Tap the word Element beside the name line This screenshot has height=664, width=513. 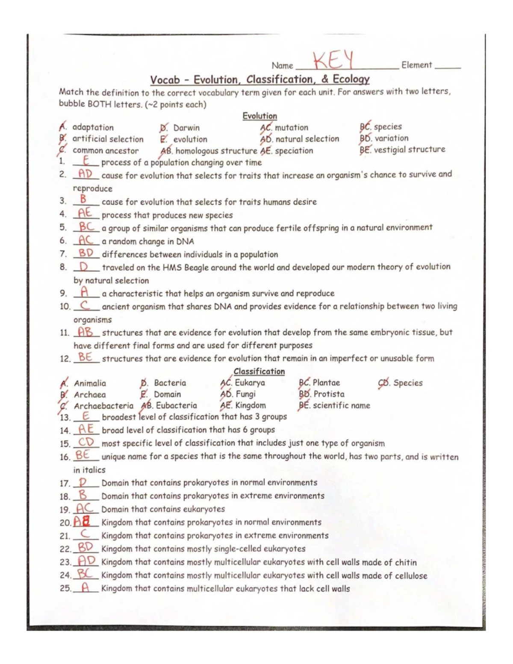417,65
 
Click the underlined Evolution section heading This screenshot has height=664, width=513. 259,116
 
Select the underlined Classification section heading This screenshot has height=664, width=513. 259,372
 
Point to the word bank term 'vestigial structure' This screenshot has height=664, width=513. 409,150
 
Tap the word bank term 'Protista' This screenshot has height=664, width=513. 329,394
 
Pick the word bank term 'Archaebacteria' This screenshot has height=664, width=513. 103,406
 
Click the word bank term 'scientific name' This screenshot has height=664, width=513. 341,405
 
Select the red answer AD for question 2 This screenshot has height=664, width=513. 85,174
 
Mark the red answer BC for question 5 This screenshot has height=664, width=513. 86,227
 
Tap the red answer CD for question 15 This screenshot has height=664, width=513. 86,443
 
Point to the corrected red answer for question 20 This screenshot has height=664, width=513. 82,522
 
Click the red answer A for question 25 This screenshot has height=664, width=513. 85,588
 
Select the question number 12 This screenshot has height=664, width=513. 65,359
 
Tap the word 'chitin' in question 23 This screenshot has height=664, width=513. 406,562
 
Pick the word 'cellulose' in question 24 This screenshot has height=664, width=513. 411,575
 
